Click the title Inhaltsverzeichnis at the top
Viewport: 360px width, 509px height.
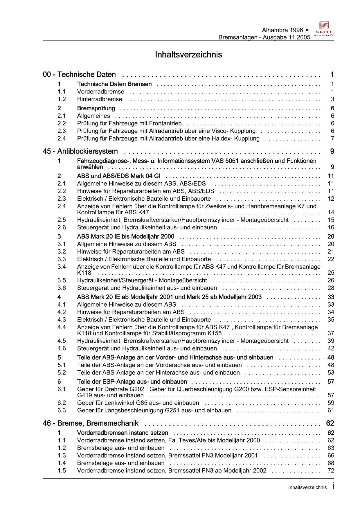tap(188, 55)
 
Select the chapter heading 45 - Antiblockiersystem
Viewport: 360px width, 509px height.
tap(80, 151)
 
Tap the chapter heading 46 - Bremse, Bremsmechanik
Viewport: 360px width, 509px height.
tap(91, 423)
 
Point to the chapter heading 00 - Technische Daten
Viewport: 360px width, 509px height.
tap(79, 75)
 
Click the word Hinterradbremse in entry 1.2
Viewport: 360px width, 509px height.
tap(100, 99)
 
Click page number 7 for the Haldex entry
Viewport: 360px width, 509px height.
tap(332, 139)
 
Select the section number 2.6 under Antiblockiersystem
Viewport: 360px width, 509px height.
tap(62, 227)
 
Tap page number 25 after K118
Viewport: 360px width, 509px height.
tap(331, 273)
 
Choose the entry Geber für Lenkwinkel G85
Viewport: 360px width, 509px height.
tap(138, 403)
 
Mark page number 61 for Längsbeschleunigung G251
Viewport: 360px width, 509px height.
tap(331, 410)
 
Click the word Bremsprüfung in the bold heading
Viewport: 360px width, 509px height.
tap(96, 108)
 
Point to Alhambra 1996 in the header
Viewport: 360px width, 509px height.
tap(282, 30)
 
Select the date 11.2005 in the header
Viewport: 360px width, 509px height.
tap(299, 37)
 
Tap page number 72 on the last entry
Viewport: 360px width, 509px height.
tap(331, 470)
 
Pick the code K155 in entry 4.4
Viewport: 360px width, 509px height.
tap(214, 333)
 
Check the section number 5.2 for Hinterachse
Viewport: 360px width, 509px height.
tap(62, 373)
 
